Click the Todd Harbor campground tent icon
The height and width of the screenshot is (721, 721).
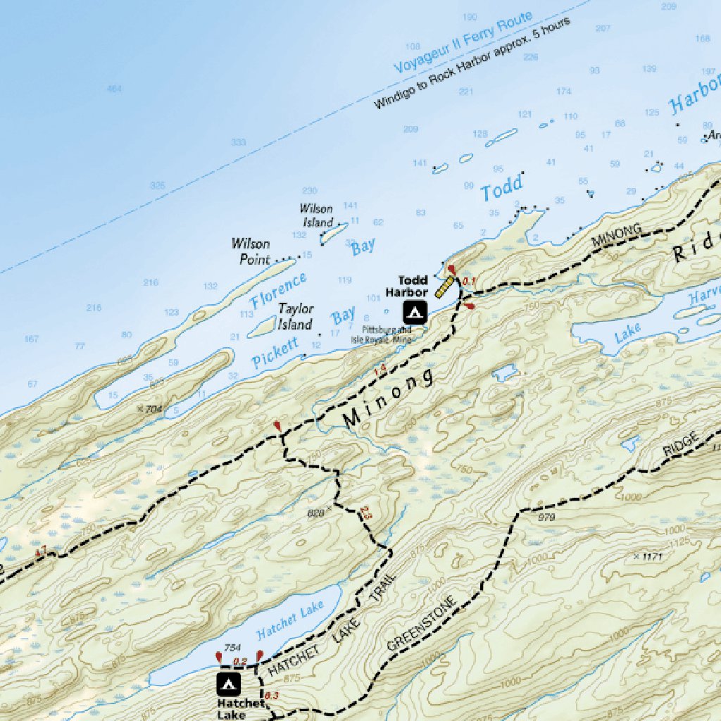(x=414, y=311)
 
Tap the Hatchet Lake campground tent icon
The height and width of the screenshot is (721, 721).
(x=228, y=682)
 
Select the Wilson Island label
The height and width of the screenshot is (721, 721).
(x=316, y=215)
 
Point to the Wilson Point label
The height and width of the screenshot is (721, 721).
(x=250, y=251)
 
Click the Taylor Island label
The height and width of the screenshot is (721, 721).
(x=295, y=317)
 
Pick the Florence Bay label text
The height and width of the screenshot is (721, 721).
(x=279, y=291)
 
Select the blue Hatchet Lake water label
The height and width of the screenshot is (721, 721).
(x=290, y=617)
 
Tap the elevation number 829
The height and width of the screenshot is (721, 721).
(x=316, y=514)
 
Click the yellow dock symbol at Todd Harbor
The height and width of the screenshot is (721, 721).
(x=444, y=287)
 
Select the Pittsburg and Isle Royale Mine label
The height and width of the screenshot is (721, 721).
(x=387, y=334)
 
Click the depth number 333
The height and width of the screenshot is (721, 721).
(x=239, y=142)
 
